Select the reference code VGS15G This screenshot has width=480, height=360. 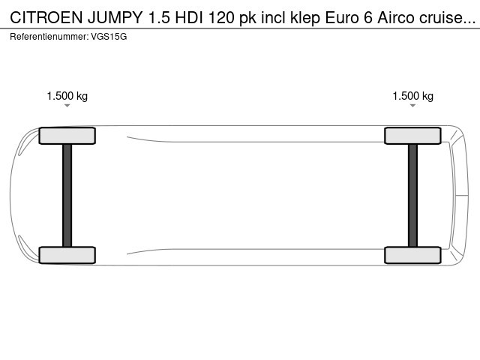click(x=108, y=36)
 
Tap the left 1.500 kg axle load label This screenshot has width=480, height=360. click(x=67, y=96)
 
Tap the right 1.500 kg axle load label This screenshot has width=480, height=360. click(x=413, y=96)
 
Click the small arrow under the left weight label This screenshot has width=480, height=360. click(x=67, y=106)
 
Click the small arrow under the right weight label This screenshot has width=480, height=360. click(x=413, y=106)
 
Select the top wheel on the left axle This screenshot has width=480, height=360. click(x=67, y=136)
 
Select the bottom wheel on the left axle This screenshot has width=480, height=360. click(x=67, y=255)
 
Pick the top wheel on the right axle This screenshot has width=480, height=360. click(x=413, y=136)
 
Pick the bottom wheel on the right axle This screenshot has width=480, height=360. click(x=413, y=255)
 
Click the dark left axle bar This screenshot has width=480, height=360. click(x=67, y=195)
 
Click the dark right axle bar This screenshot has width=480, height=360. click(x=413, y=195)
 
